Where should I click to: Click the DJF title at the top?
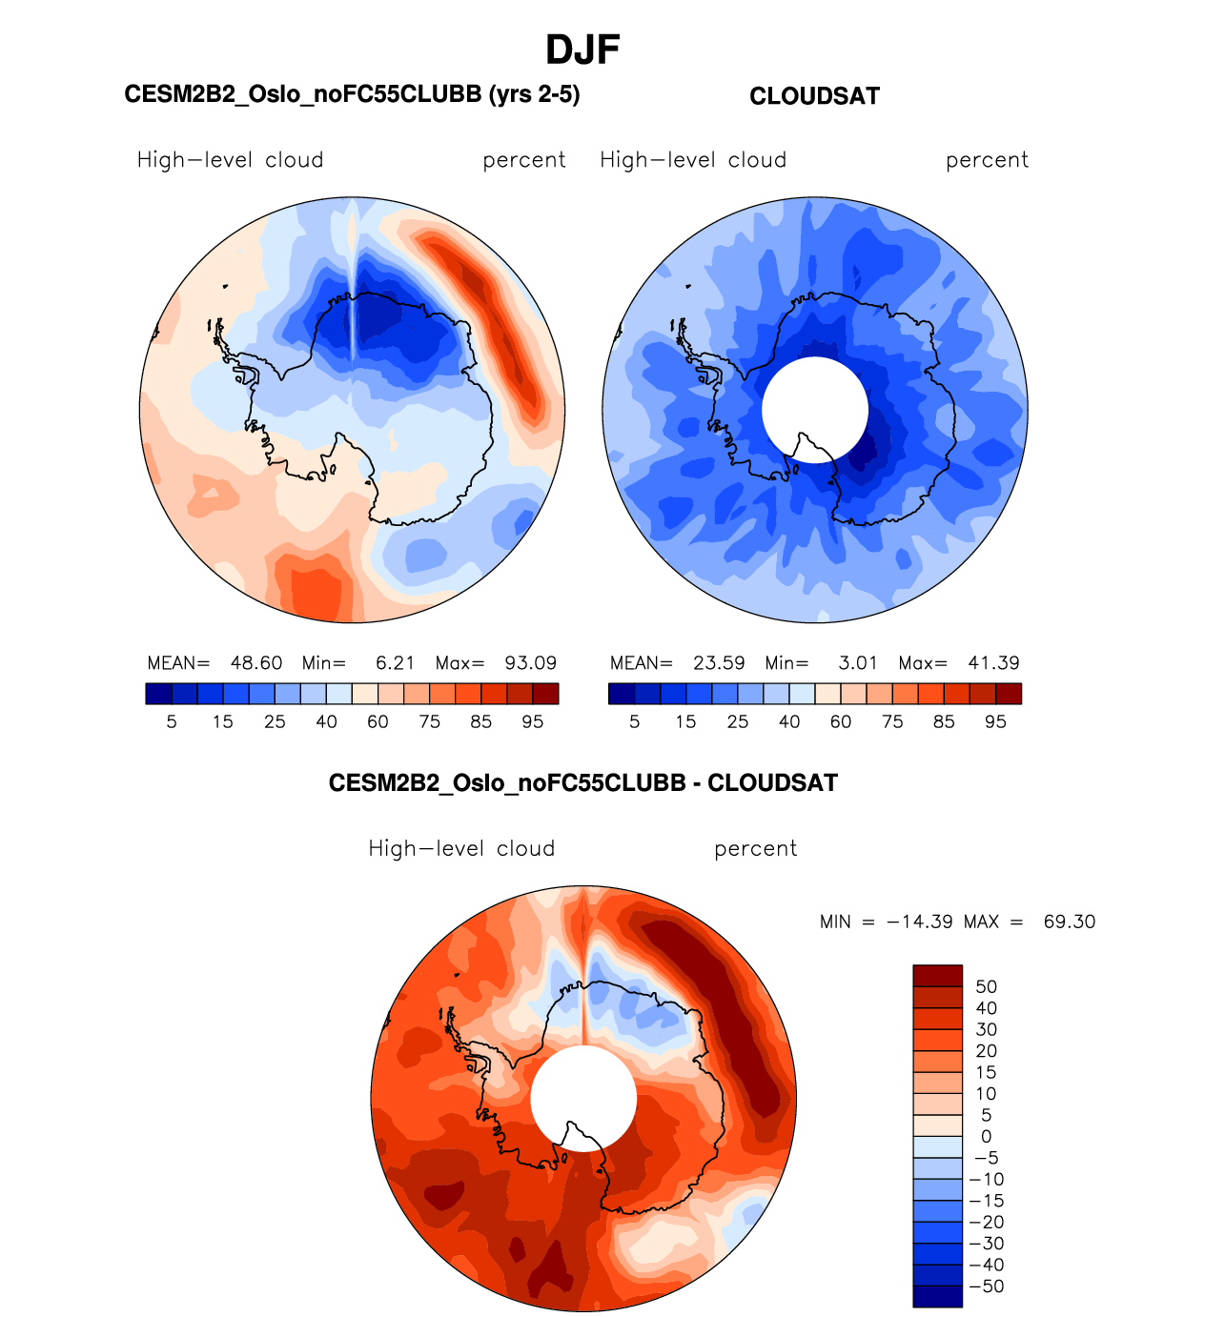pyautogui.click(x=582, y=50)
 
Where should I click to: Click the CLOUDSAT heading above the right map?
pyautogui.click(x=814, y=96)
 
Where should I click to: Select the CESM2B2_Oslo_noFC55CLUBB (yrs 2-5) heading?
pyautogui.click(x=352, y=94)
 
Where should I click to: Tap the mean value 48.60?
pyautogui.click(x=256, y=663)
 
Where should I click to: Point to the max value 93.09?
pyautogui.click(x=531, y=663)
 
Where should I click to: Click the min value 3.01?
pyautogui.click(x=858, y=663)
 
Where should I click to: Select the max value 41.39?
pyautogui.click(x=994, y=663)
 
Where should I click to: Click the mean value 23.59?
pyautogui.click(x=720, y=663)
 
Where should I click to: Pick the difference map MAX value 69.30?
pyautogui.click(x=1070, y=922)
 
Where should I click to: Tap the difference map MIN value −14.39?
pyautogui.click(x=919, y=922)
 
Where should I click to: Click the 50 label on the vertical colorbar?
pyautogui.click(x=987, y=986)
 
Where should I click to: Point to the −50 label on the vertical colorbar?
pyautogui.click(x=987, y=1287)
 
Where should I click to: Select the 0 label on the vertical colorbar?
pyautogui.click(x=987, y=1136)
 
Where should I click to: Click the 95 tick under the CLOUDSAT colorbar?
pyautogui.click(x=995, y=722)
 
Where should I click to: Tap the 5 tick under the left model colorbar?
pyautogui.click(x=172, y=722)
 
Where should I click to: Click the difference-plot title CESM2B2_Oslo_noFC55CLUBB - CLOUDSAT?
pyautogui.click(x=582, y=783)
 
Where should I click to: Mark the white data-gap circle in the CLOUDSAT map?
pyautogui.click(x=815, y=404)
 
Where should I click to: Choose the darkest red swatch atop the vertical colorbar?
pyautogui.click(x=937, y=976)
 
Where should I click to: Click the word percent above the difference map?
pyautogui.click(x=755, y=849)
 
